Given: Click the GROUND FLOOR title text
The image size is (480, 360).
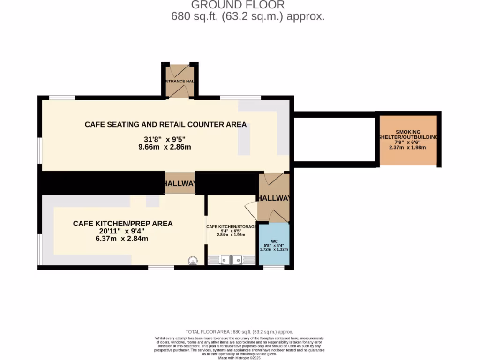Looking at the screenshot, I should [x=238, y=5].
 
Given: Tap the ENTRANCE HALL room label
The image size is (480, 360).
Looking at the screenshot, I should [x=179, y=82].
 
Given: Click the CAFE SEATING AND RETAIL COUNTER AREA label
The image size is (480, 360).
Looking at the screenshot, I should [x=165, y=125].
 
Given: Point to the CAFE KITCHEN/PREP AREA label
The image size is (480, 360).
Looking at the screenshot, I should [x=123, y=224].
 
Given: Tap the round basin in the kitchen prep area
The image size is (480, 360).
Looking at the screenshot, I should [x=193, y=261].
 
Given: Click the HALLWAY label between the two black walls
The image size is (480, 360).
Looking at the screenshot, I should [x=179, y=184].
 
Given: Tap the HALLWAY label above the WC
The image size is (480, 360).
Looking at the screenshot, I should [x=274, y=198].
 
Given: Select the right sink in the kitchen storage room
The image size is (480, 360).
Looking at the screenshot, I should [x=244, y=260].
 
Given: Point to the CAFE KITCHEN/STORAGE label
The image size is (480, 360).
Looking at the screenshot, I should [x=232, y=227].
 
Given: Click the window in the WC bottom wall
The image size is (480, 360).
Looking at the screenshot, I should [x=274, y=268].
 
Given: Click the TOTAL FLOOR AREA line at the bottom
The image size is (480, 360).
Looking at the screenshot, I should [x=240, y=331].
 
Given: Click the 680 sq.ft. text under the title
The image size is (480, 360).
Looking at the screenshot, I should [x=248, y=17].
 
